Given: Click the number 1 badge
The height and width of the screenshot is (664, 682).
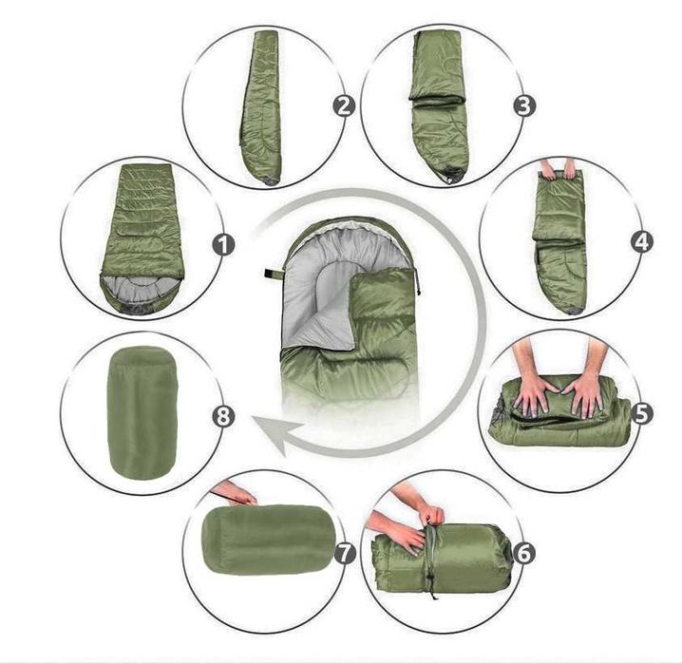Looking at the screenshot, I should [x=225, y=244].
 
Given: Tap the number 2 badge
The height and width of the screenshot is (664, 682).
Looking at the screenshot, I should [x=345, y=104].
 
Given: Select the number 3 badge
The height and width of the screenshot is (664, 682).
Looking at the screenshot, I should [x=523, y=104].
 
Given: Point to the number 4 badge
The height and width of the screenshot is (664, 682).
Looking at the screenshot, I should [x=642, y=241].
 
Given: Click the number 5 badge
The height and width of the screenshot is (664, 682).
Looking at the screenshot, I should [x=641, y=413].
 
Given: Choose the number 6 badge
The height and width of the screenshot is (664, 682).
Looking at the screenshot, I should [x=523, y=551].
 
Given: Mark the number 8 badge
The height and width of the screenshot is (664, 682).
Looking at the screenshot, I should [x=225, y=416].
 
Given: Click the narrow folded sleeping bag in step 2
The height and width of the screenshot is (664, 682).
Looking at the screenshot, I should [x=263, y=104].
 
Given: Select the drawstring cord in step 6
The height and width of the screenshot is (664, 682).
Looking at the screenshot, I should [x=432, y=556].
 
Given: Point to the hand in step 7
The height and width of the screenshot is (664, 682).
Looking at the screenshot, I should [x=234, y=494].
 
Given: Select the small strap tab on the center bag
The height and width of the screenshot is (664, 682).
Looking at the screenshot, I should [x=270, y=275].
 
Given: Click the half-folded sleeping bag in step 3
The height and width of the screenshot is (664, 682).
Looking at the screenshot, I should [x=440, y=104].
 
